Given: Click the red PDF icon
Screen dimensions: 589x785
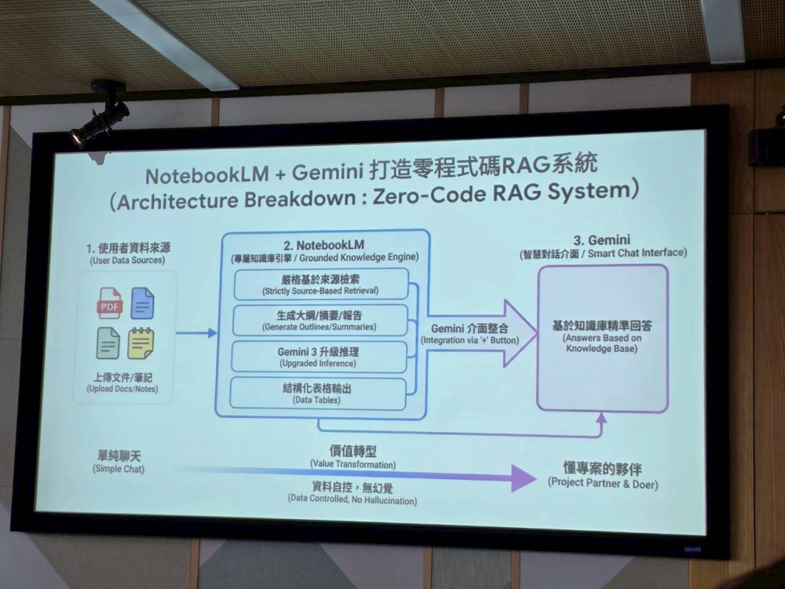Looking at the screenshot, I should (110, 303).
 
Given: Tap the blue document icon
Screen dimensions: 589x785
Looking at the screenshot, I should (143, 303).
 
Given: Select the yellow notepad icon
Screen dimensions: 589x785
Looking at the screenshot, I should (141, 343).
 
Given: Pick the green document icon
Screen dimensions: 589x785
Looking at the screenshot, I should (108, 343).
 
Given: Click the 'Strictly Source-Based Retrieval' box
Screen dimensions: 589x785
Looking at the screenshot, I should (321, 284).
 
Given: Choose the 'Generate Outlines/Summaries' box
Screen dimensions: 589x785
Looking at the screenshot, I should (319, 320).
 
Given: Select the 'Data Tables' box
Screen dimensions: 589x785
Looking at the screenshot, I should (318, 393).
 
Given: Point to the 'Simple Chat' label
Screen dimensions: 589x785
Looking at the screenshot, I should (118, 469).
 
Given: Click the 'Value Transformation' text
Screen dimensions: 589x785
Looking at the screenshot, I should (352, 464).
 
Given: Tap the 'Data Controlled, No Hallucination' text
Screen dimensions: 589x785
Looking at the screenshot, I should (352, 499).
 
